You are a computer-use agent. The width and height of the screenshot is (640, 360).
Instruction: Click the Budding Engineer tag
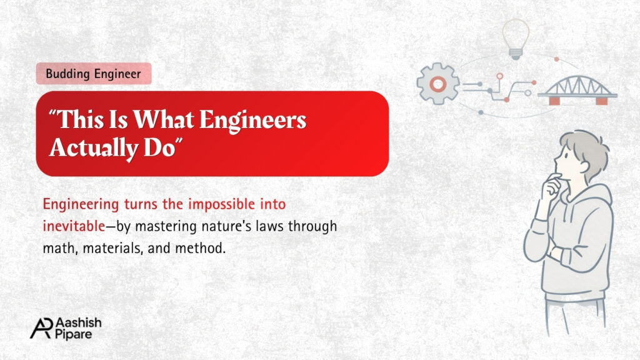94,74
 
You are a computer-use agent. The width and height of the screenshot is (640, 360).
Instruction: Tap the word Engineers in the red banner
252,121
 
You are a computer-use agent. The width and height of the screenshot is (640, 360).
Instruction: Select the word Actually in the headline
94,147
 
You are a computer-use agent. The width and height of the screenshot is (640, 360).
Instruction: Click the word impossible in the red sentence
221,204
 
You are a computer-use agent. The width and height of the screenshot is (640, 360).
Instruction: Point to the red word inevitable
74,226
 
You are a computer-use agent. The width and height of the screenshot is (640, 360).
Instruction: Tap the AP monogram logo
42,327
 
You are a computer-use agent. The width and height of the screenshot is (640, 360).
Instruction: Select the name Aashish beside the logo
78,322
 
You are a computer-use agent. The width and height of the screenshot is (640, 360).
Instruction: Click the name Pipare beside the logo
74,334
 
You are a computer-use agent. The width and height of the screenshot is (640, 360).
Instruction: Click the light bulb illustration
516,39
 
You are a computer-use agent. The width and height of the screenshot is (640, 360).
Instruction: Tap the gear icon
437,84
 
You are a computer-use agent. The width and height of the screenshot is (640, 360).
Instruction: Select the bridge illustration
577,90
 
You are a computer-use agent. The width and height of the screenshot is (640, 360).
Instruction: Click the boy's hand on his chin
552,184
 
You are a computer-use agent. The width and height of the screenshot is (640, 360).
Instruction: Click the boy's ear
583,166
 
